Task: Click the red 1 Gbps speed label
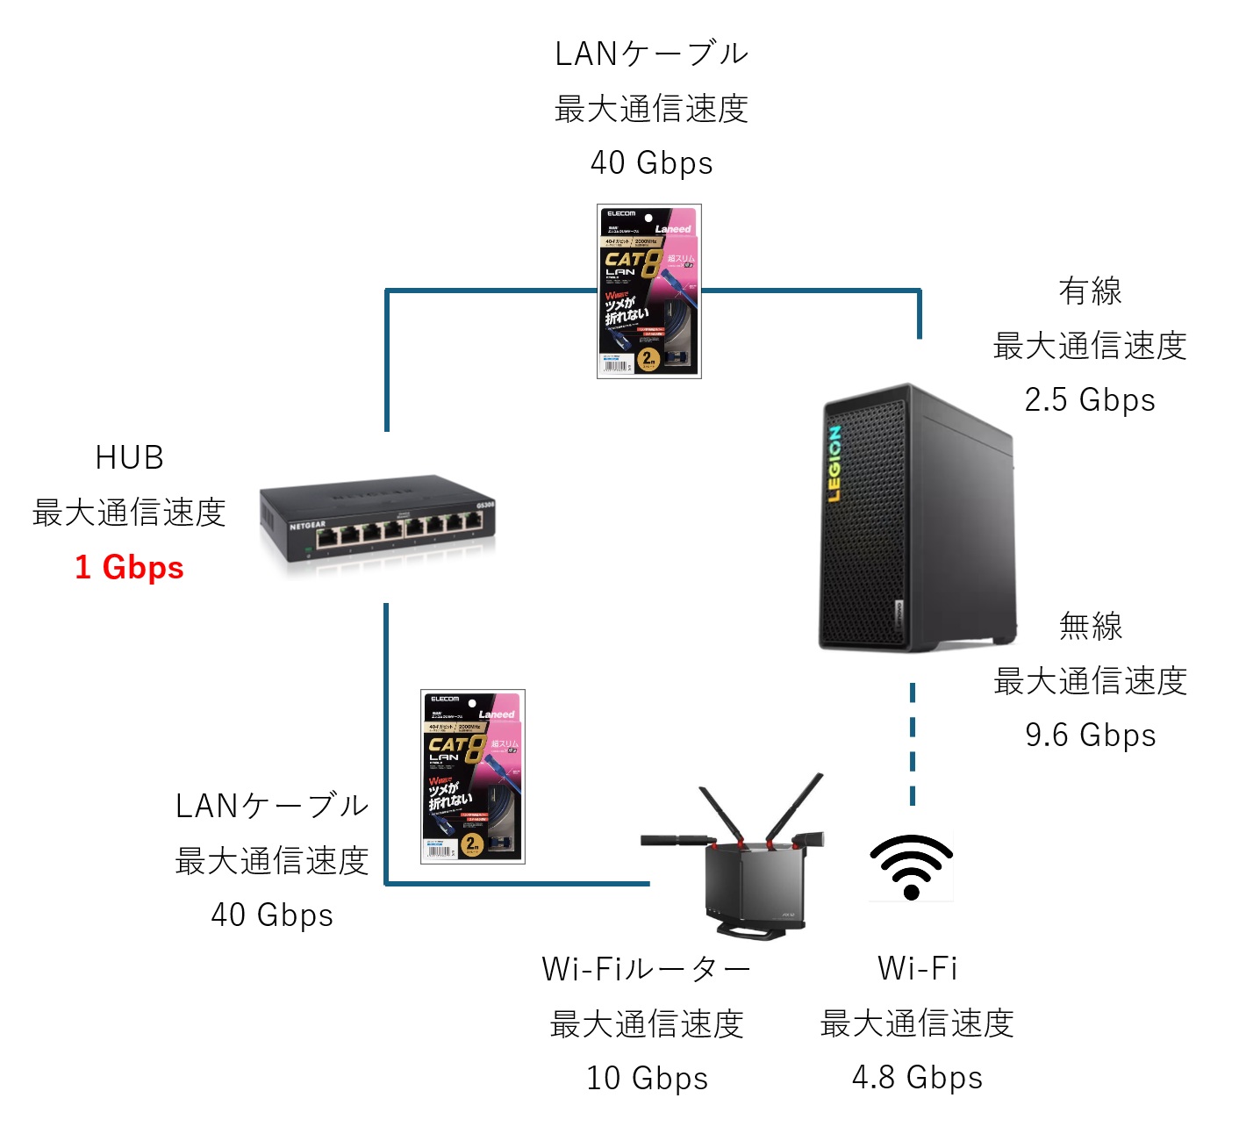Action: point(129,567)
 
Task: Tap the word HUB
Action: point(129,457)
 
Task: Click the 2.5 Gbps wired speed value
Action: point(1090,399)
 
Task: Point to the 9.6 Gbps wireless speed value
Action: point(1091,735)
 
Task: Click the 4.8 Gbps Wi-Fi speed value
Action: point(917,1077)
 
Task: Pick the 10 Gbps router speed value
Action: point(647,1078)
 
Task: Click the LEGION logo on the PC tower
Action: point(834,464)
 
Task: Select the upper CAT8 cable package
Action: point(649,291)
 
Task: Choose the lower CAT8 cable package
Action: point(473,777)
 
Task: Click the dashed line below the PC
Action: point(913,744)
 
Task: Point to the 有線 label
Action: point(1090,291)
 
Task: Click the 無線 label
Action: point(1091,626)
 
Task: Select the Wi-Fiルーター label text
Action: point(647,969)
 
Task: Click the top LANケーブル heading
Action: point(651,54)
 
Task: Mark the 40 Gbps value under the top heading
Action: point(651,162)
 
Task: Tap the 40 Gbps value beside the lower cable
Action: point(272,915)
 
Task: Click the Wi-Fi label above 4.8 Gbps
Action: point(917,968)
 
